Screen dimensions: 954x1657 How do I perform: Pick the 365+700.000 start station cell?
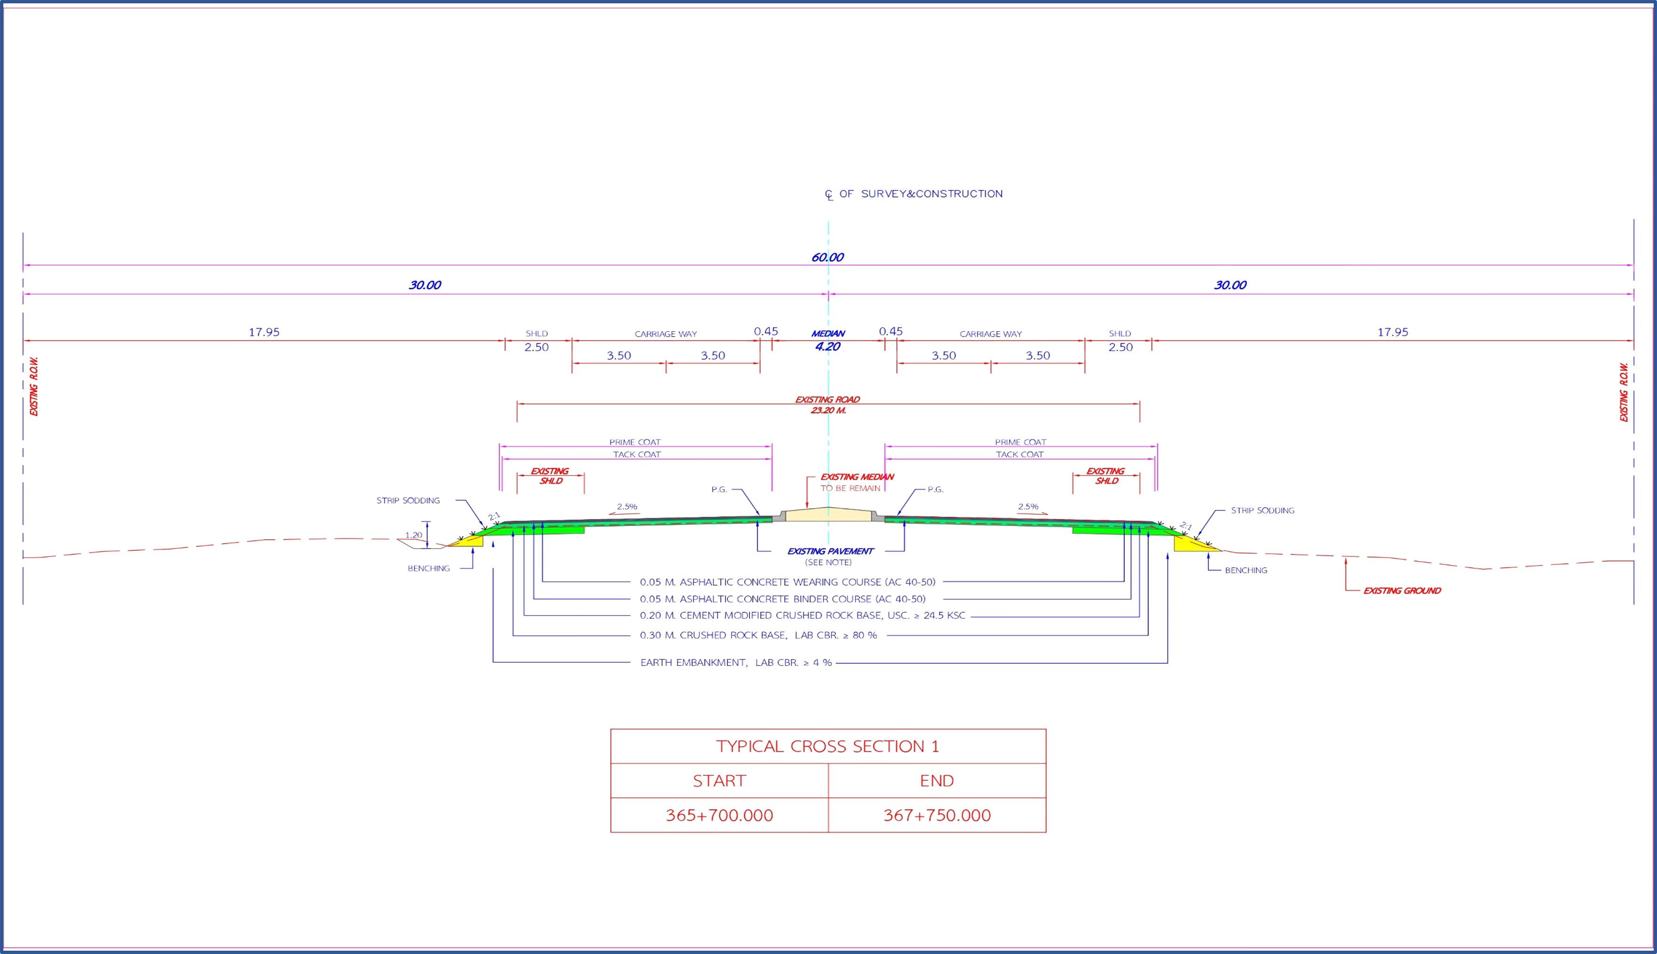click(x=719, y=815)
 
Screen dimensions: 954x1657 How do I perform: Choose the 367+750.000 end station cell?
click(x=937, y=815)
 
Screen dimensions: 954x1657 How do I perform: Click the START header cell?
click(x=719, y=780)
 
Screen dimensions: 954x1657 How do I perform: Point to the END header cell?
click(x=937, y=780)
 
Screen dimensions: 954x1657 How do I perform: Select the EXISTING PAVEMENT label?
click(x=830, y=552)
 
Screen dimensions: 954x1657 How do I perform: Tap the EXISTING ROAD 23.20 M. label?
click(x=828, y=405)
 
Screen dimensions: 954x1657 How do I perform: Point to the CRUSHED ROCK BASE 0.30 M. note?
click(x=758, y=635)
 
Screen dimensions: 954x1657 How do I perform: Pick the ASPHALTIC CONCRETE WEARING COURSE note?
click(x=787, y=582)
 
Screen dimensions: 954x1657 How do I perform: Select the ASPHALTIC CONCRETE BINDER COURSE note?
click(x=783, y=599)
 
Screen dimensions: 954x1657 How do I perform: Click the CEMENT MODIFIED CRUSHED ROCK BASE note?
click(x=802, y=615)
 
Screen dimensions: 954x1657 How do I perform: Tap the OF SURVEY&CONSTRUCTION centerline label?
click(x=920, y=194)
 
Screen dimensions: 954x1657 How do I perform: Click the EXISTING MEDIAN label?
click(x=857, y=477)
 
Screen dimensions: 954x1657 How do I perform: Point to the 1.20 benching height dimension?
click(x=413, y=535)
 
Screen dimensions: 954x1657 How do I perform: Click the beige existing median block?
click(x=828, y=515)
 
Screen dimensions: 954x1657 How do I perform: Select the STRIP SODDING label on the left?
click(x=408, y=501)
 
